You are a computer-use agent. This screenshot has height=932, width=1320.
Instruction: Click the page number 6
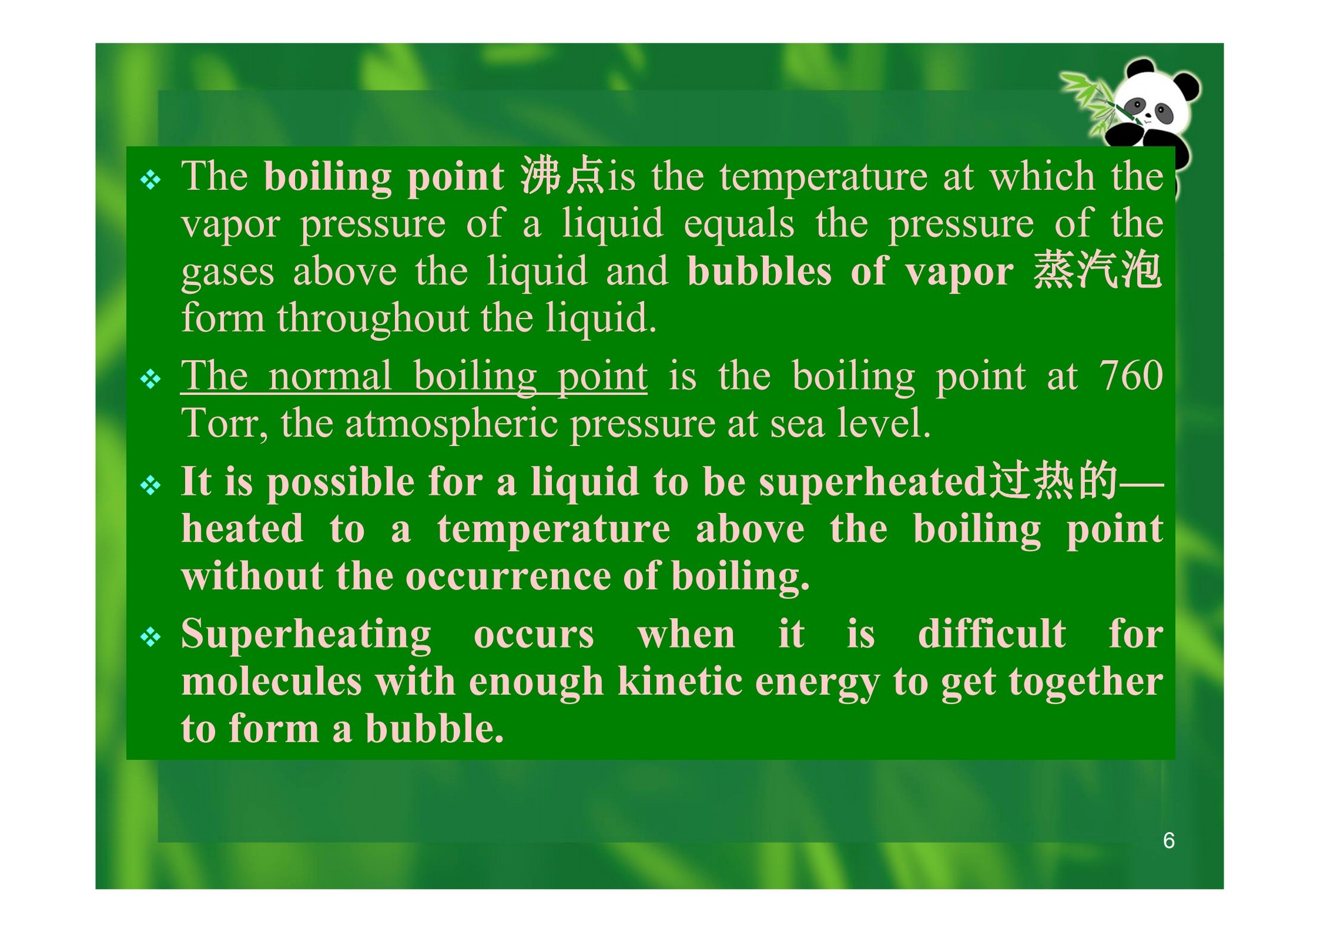tap(1168, 840)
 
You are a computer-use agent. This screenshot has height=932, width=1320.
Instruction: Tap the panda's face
tap(1148, 105)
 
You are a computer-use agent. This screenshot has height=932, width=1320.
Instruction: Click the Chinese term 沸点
tap(562, 176)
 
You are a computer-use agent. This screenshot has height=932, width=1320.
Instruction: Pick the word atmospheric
tap(451, 424)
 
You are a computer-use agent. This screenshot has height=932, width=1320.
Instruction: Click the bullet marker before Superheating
tap(151, 638)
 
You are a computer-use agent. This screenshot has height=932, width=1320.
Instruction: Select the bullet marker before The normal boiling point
tap(151, 379)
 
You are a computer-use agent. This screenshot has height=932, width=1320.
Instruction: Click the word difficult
tap(992, 634)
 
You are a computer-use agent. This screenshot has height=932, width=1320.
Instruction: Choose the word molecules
tap(271, 682)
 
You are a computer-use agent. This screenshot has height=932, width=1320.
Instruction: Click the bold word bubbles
tap(759, 271)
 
